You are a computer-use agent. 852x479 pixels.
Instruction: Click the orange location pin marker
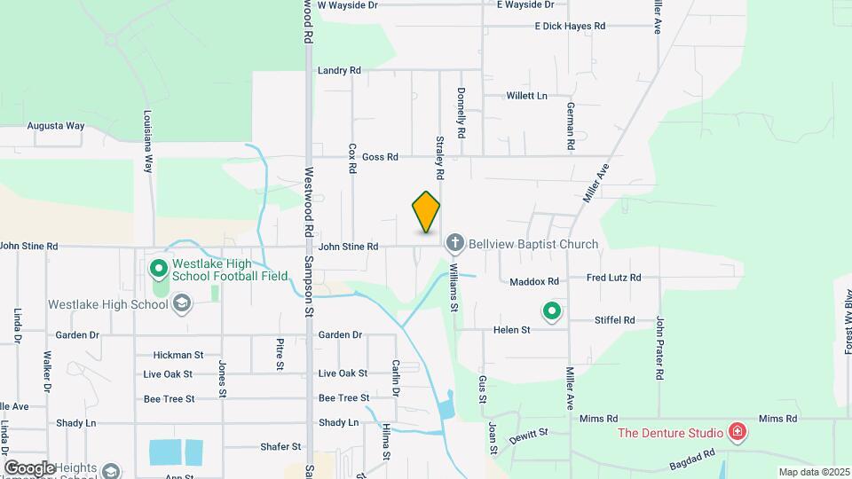(x=426, y=212)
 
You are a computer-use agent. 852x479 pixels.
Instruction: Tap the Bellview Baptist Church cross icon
(x=455, y=243)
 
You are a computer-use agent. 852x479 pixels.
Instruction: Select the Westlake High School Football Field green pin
(x=158, y=267)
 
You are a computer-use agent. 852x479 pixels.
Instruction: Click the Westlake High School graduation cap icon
(x=181, y=305)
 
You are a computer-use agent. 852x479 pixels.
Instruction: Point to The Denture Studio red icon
(x=736, y=433)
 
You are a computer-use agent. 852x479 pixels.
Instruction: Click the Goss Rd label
(x=381, y=157)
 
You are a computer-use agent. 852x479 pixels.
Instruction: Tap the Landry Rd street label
(x=339, y=70)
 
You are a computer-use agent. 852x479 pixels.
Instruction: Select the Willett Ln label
(x=526, y=96)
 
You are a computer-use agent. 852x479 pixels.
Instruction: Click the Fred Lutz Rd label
(x=614, y=278)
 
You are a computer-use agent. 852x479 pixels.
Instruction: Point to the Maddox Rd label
(x=534, y=282)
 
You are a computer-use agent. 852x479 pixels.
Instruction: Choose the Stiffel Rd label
(x=615, y=320)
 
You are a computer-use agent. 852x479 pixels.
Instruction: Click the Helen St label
(x=512, y=330)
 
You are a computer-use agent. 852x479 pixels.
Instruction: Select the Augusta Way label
(x=55, y=126)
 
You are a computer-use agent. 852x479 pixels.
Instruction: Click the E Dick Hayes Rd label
(x=570, y=27)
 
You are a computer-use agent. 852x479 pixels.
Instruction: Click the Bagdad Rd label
(x=694, y=459)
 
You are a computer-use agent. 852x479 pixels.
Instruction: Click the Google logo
(x=28, y=467)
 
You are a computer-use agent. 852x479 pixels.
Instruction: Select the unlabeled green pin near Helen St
(x=551, y=310)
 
